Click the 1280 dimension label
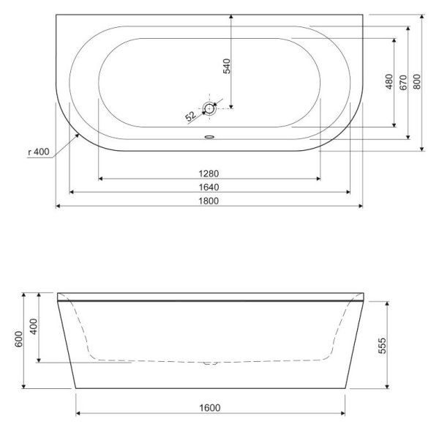coord(209,174)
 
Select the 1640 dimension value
coord(209,188)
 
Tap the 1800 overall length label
coord(209,201)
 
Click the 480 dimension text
coord(389,81)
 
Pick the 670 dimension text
coord(402,81)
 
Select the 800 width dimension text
coord(416,81)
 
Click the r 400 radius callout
coord(38,152)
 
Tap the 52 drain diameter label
coord(190,116)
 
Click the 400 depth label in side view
coord(32,326)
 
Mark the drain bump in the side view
coord(209,363)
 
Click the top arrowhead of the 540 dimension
coord(230,15)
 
